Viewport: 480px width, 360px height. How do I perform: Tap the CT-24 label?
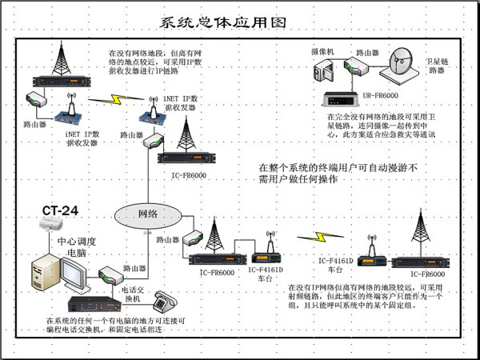coord(61,211)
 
